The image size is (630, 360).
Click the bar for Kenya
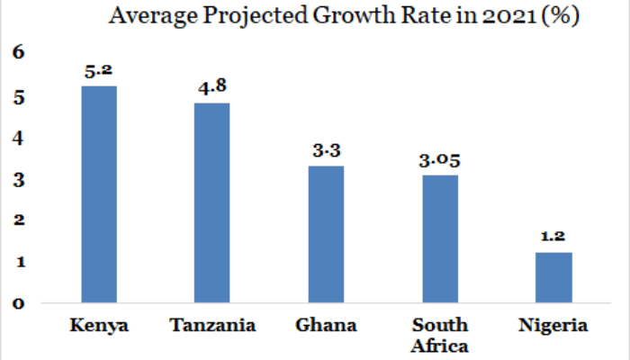pos(99,193)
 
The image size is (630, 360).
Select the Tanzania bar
pos(211,202)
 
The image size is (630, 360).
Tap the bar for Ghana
pos(325,234)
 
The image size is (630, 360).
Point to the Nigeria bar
pos(553,277)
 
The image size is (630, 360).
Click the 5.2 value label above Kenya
pos(99,69)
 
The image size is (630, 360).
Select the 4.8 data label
pos(211,87)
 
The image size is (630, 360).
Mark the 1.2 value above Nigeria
pos(553,237)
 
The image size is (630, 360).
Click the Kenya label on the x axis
pos(99,326)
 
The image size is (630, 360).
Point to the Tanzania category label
pos(211,326)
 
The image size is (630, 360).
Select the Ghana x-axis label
pos(325,326)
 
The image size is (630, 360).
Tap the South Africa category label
pos(438,334)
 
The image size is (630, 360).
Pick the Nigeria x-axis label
pos(553,326)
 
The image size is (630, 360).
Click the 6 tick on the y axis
pos(18,55)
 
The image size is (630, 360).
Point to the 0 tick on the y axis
pos(18,302)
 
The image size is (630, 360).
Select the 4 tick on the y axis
pos(18,138)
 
